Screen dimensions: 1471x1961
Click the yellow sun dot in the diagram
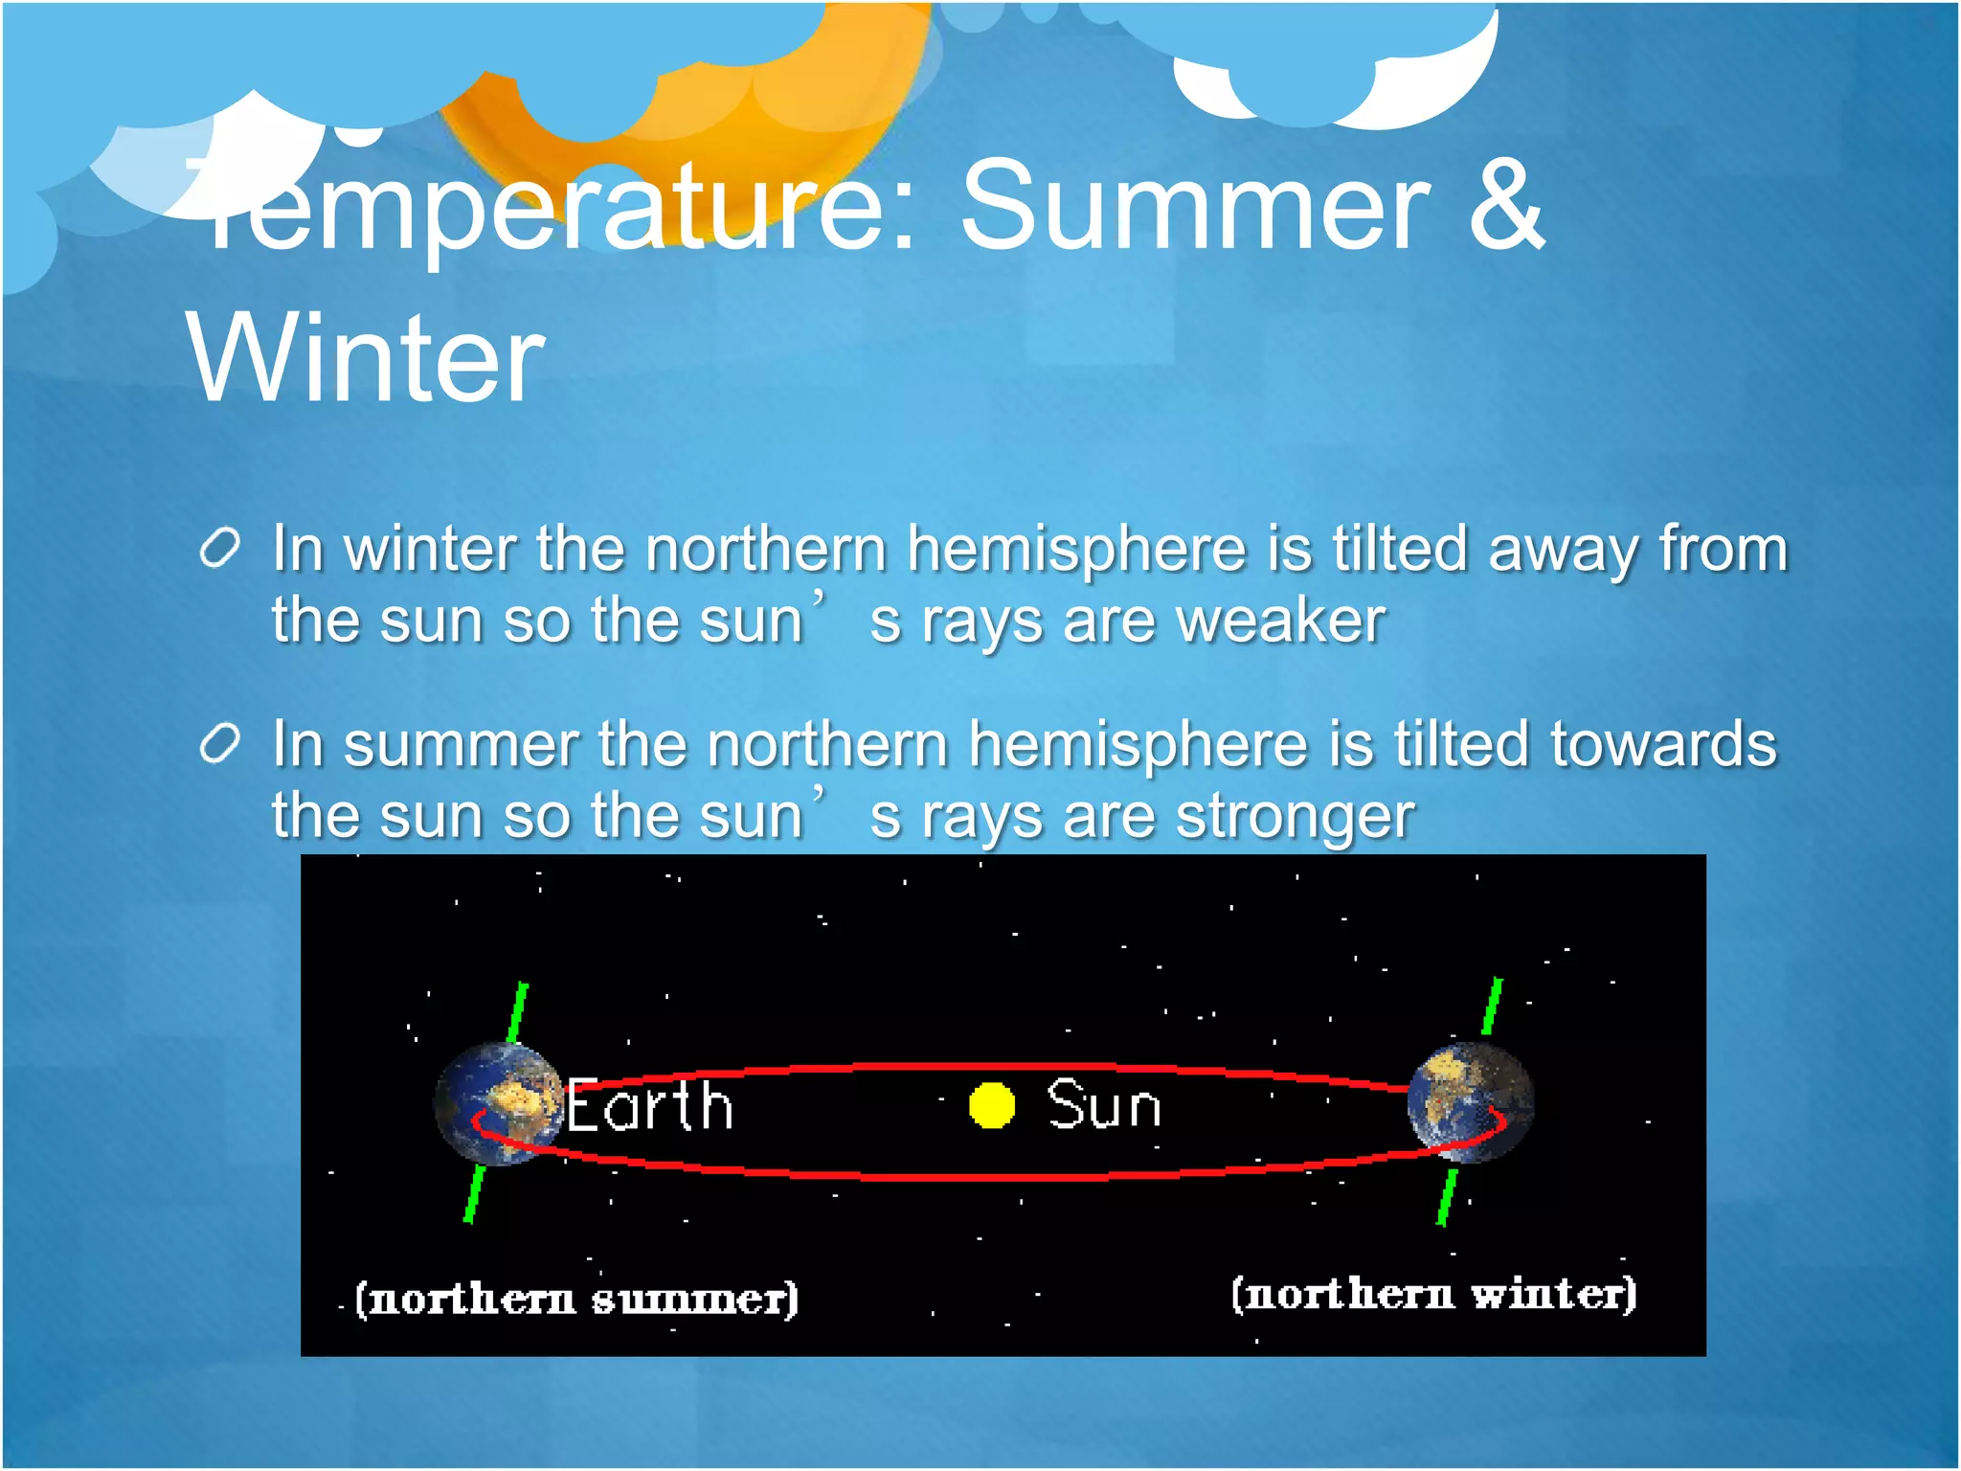pos(991,1105)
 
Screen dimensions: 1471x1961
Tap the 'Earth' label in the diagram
pos(650,1106)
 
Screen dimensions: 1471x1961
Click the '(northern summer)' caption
pos(576,1299)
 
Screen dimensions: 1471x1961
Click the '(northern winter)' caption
pos(1433,1294)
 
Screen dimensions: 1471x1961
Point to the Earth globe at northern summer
pos(498,1104)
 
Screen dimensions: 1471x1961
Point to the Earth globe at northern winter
pos(1471,1102)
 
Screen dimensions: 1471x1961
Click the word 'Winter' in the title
pos(366,359)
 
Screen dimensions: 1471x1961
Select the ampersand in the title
pos(1506,206)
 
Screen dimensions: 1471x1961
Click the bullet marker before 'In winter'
pos(219,550)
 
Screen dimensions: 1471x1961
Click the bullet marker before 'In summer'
pos(219,745)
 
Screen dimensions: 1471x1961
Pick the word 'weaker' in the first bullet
pos(1280,621)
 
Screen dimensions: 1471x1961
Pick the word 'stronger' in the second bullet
pos(1295,817)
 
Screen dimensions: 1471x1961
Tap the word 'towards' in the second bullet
pos(1663,745)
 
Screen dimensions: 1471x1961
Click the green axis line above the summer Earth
pos(518,1011)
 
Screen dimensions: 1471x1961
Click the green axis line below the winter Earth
pos(1447,1196)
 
